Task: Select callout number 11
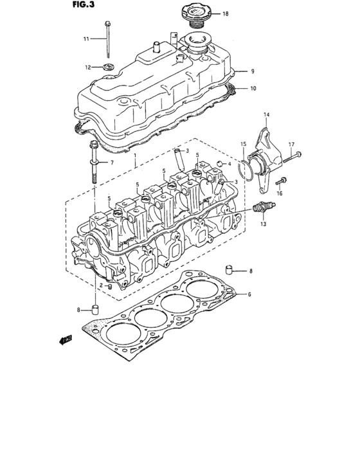[x=86, y=39]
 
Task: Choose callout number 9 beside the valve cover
[x=253, y=71]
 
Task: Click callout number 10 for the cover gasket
[x=253, y=87]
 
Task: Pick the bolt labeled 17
[x=294, y=154]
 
